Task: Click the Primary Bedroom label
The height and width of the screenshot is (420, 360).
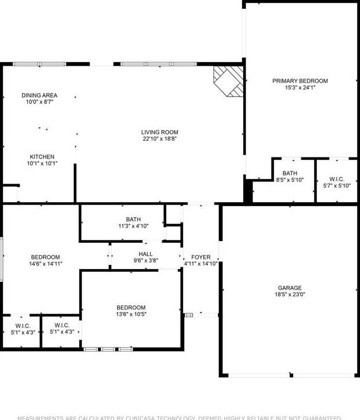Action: [300, 81]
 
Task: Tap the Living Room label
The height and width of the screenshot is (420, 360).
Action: [159, 132]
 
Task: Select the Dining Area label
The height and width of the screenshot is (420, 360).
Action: [40, 95]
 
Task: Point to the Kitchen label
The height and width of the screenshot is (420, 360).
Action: [42, 157]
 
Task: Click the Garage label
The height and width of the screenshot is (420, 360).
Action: [289, 288]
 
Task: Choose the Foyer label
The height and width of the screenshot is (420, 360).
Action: [201, 257]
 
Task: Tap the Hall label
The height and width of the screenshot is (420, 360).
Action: [145, 254]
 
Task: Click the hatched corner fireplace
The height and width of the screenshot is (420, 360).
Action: [229, 81]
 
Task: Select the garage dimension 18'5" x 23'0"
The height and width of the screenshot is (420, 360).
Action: [289, 295]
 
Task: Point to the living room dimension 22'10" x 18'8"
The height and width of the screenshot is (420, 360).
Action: [159, 139]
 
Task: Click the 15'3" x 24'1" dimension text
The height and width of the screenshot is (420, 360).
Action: [300, 88]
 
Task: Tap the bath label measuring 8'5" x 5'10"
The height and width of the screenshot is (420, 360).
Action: [290, 173]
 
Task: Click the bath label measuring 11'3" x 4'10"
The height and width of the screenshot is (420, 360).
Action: [133, 220]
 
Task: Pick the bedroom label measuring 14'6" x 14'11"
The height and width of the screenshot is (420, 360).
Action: [45, 257]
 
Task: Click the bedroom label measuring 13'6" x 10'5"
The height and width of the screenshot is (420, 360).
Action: [131, 307]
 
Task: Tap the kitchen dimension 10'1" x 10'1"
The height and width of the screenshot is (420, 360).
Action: [42, 163]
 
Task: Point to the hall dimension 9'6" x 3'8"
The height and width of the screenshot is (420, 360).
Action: [145, 261]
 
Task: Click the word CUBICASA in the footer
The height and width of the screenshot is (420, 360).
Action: [142, 417]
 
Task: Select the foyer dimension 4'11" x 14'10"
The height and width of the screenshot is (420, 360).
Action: [201, 264]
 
